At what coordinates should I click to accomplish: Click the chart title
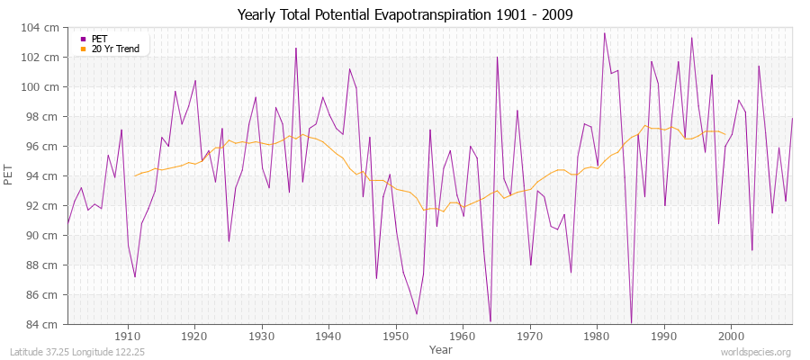[404, 15]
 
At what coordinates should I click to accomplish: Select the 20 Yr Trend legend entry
[114, 49]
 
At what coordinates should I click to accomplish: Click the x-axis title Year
[441, 348]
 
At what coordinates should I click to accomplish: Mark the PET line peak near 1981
[605, 33]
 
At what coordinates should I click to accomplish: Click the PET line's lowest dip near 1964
[490, 321]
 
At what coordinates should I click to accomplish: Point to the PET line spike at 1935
[295, 49]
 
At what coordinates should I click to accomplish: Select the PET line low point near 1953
[417, 313]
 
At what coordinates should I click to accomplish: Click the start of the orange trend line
[135, 175]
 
